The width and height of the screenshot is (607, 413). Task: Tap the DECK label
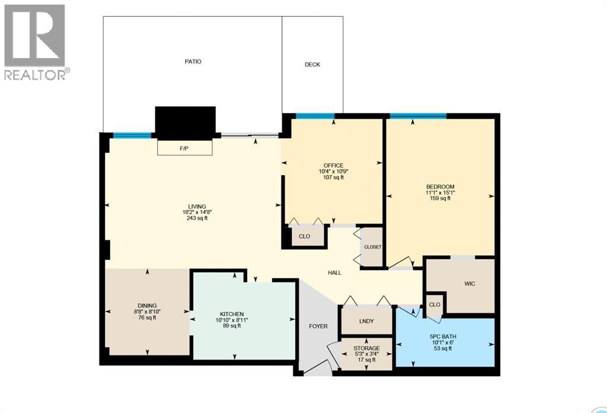(x=312, y=65)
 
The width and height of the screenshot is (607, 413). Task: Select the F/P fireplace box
(x=184, y=148)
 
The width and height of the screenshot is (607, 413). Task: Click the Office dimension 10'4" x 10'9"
(x=333, y=171)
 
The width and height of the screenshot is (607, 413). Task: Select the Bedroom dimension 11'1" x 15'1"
(x=440, y=192)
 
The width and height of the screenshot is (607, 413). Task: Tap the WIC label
(x=469, y=284)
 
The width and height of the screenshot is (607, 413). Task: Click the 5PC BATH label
(x=443, y=336)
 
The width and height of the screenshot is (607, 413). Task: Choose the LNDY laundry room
(x=366, y=321)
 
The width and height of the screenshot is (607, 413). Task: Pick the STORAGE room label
(x=366, y=348)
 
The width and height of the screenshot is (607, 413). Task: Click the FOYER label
(x=318, y=326)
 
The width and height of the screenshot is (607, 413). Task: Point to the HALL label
(x=335, y=272)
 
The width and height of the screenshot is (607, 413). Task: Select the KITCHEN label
(x=232, y=314)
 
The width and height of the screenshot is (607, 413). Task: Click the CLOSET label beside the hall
(x=373, y=247)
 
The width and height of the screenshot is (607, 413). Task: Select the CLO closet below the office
(x=304, y=236)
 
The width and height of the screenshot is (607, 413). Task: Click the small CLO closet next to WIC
(x=435, y=304)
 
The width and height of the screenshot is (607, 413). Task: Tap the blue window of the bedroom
(x=418, y=116)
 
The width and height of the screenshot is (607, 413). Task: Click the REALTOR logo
(x=36, y=42)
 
